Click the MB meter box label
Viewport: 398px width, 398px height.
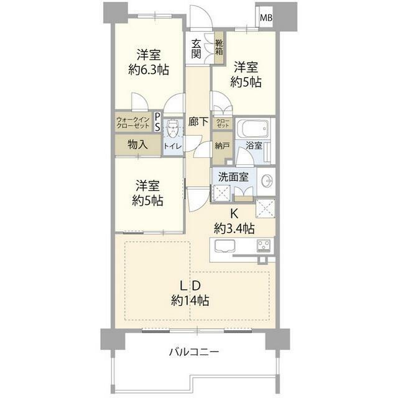pyautogui.click(x=266, y=18)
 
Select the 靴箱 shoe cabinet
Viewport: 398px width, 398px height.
pyautogui.click(x=219, y=47)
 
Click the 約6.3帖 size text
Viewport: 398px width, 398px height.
pyautogui.click(x=149, y=70)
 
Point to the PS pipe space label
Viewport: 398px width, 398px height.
pyautogui.click(x=157, y=122)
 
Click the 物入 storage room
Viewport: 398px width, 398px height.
pyautogui.click(x=138, y=144)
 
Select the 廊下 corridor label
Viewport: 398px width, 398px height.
pyautogui.click(x=198, y=122)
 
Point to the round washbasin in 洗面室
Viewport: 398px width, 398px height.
pyautogui.click(x=266, y=181)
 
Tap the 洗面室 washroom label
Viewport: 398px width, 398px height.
pyautogui.click(x=233, y=177)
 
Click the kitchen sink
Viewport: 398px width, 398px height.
pyautogui.click(x=225, y=246)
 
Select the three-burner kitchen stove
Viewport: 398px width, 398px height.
pyautogui.click(x=264, y=246)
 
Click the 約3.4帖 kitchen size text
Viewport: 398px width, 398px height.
pyautogui.click(x=234, y=228)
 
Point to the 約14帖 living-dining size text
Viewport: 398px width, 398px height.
pyautogui.click(x=190, y=300)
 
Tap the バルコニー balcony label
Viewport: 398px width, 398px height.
pyautogui.click(x=194, y=352)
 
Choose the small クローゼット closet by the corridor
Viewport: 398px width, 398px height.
pyautogui.click(x=223, y=123)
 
